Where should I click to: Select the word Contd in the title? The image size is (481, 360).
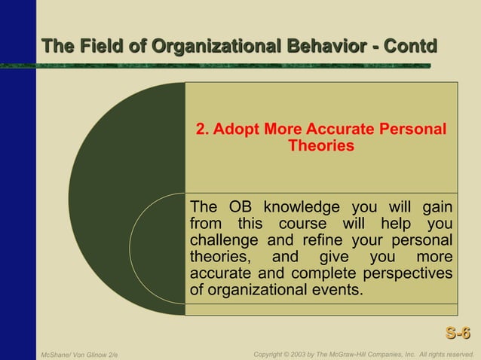pyautogui.click(x=410, y=47)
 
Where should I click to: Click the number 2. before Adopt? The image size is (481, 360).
pyautogui.click(x=202, y=129)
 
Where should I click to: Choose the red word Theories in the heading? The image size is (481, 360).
pyautogui.click(x=321, y=145)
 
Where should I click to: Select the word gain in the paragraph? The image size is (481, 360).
pyautogui.click(x=437, y=207)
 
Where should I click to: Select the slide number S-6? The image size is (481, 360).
pyautogui.click(x=458, y=333)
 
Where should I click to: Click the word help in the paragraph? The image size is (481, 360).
pyautogui.click(x=395, y=224)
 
